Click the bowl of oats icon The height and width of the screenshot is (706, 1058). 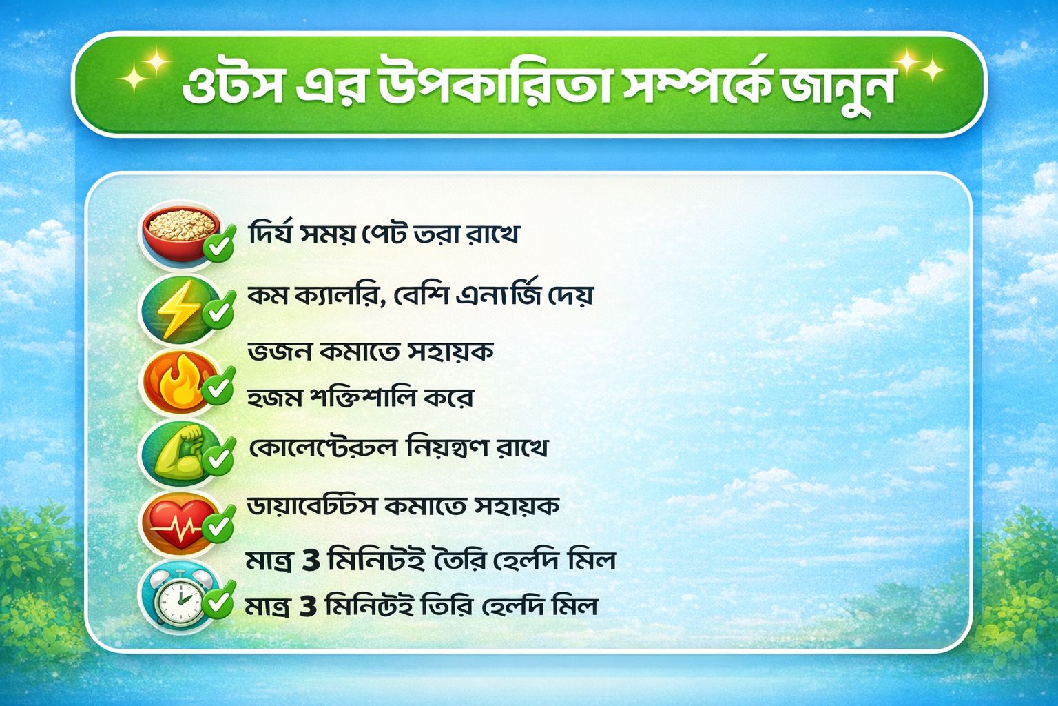(182, 234)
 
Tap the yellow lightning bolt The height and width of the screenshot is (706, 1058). (178, 310)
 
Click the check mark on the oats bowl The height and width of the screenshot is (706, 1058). (220, 243)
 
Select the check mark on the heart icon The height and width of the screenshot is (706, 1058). (218, 524)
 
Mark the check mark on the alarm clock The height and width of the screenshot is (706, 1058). (218, 600)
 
